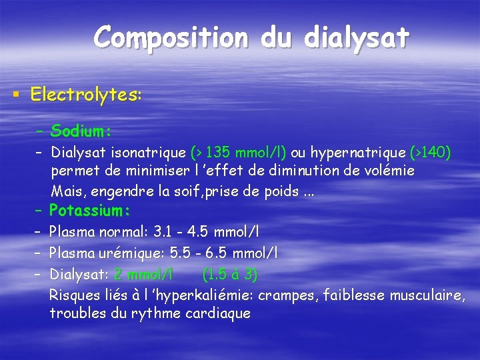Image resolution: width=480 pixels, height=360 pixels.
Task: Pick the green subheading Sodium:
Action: coord(81,129)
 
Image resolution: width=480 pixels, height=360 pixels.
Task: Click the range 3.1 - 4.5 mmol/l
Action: coord(207,232)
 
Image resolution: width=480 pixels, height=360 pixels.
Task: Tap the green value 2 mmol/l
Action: coord(143,273)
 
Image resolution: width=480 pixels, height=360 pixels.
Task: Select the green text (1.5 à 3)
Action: coord(229,273)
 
